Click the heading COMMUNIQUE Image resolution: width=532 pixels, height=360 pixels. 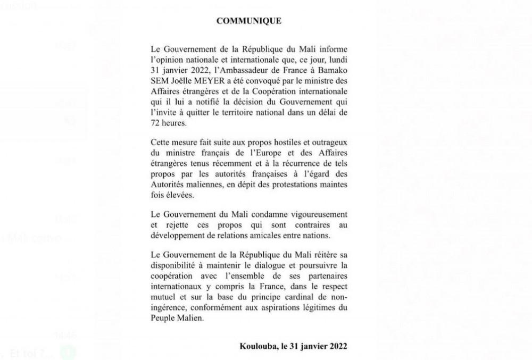[x=249, y=21]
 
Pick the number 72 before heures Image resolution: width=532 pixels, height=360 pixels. [x=156, y=122]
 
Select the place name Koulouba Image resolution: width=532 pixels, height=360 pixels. [x=259, y=346]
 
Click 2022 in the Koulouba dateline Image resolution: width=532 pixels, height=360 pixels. [x=338, y=346]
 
